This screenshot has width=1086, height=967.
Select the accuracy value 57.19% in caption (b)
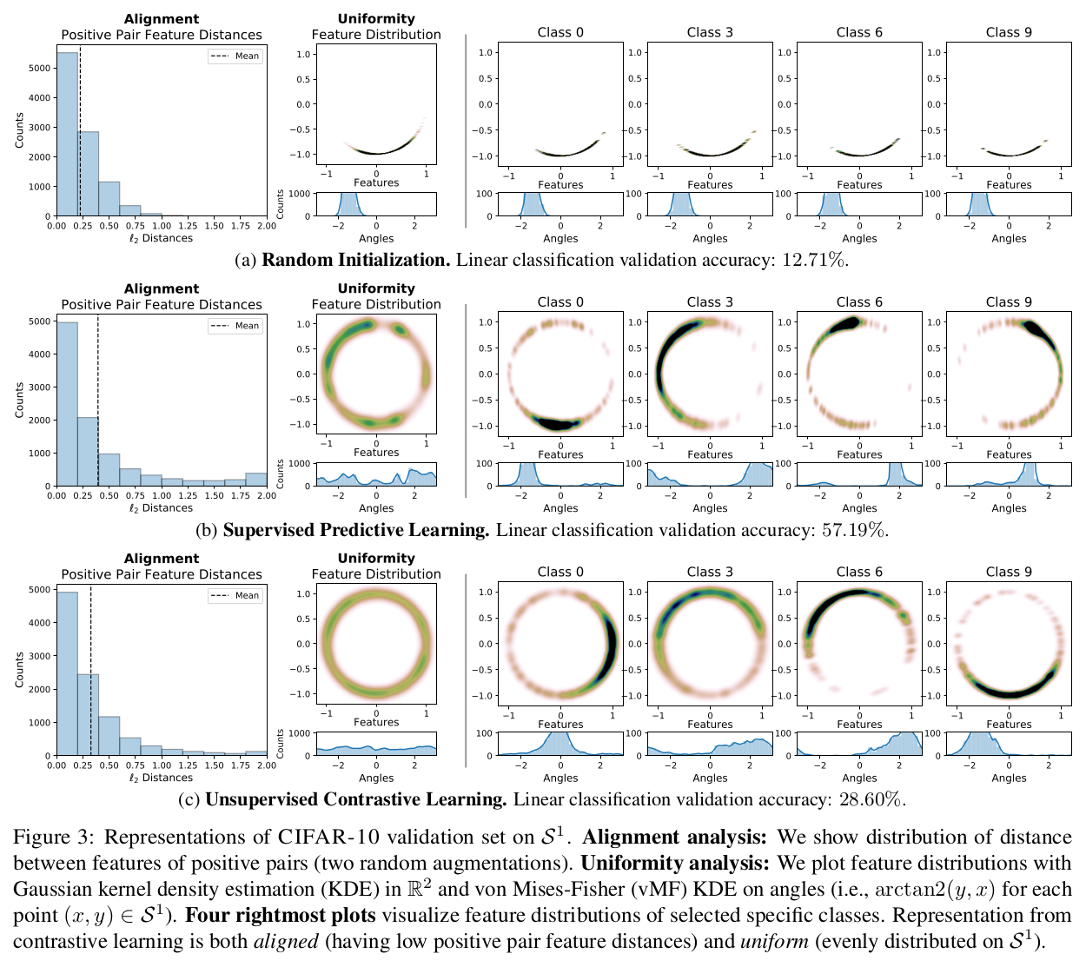(x=855, y=530)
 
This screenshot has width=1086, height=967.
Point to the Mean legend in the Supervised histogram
(x=235, y=326)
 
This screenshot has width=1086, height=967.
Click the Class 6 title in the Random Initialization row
(x=859, y=32)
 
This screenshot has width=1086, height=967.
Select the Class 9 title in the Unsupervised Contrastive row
(x=1009, y=572)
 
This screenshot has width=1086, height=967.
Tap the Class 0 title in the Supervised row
(x=560, y=302)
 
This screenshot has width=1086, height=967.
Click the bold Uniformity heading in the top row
(x=376, y=18)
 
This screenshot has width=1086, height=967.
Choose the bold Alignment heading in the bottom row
(x=162, y=559)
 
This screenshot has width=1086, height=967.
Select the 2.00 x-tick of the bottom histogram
(x=266, y=765)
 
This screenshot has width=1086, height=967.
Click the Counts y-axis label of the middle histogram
(x=19, y=400)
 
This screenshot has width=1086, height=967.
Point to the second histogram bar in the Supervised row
(x=88, y=451)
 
